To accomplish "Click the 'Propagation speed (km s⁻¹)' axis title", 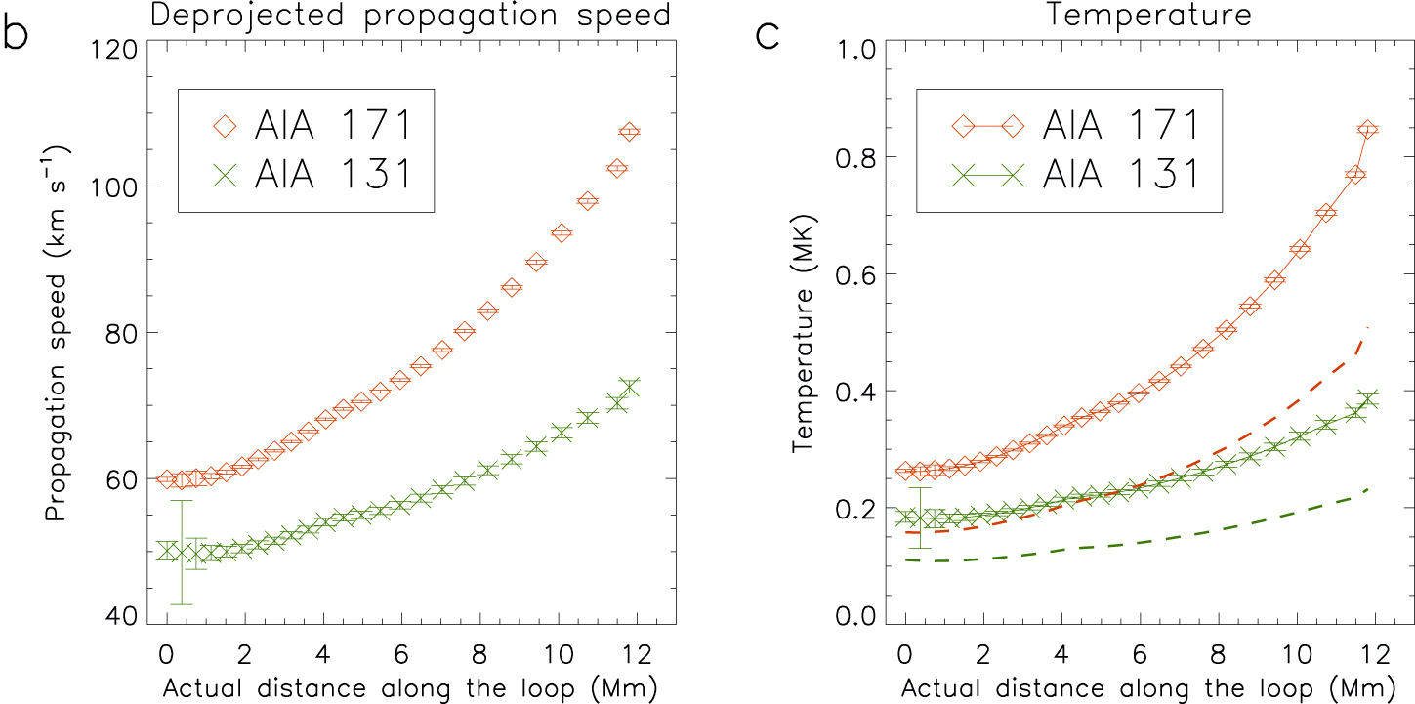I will (57, 332).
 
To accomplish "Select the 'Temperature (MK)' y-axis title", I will (803, 332).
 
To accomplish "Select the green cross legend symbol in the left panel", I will (226, 173).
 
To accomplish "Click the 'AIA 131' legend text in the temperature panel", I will (1121, 173).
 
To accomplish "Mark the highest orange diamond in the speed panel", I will (629, 132).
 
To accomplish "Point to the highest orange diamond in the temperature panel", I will (1367, 130).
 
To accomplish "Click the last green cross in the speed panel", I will (629, 387).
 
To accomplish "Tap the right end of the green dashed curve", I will (1369, 488).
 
